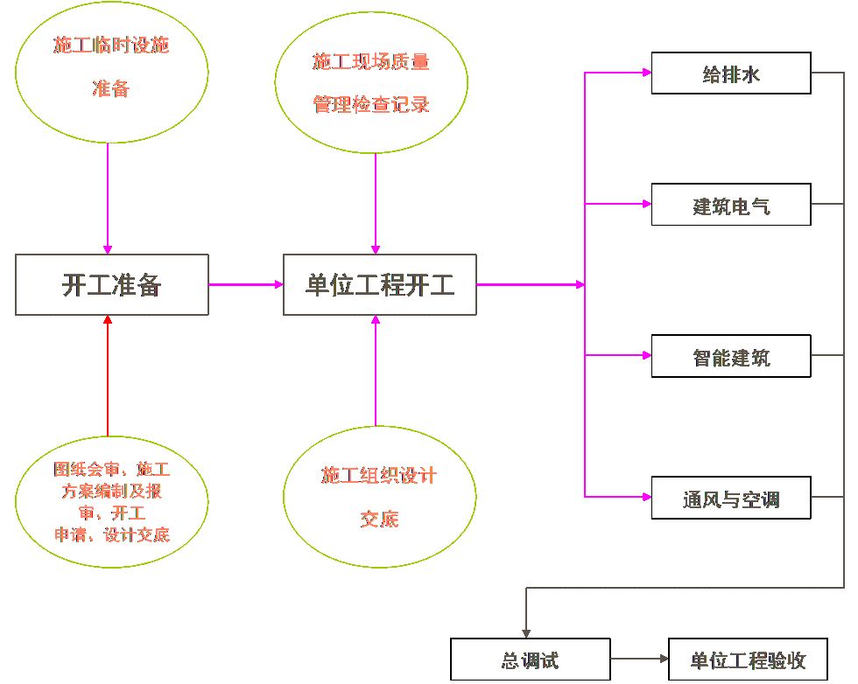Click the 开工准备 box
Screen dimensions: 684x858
pos(111,284)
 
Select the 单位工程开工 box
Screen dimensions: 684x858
pos(379,284)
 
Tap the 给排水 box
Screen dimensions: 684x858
pos(731,74)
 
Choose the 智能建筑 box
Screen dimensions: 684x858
pos(731,356)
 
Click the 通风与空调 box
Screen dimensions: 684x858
pos(731,499)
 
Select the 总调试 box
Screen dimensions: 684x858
pos(530,660)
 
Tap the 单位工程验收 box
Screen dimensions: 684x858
pos(747,660)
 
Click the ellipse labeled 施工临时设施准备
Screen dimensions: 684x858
pos(111,66)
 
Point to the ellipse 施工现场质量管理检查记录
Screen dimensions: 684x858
pos(375,84)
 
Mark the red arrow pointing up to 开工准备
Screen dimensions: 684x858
pos(108,376)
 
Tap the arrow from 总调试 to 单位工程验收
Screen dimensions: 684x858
pos(638,660)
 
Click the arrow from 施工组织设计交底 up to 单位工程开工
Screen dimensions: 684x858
pos(376,372)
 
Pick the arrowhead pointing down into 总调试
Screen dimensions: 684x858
pos(525,632)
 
